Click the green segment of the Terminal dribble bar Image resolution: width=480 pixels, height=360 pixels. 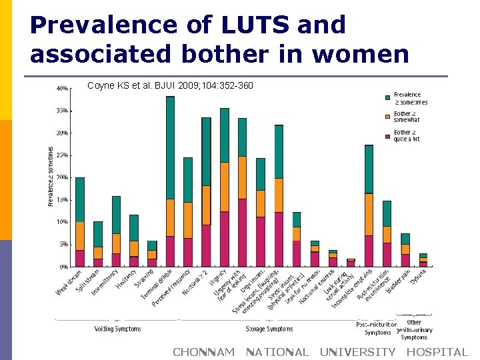(x=170, y=147)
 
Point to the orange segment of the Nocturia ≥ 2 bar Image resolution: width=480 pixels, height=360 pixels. (x=206, y=205)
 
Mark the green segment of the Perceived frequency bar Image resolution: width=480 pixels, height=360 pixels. (x=188, y=180)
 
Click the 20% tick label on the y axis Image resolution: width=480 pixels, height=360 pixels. (x=61, y=177)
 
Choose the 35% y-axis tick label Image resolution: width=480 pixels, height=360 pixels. (x=61, y=111)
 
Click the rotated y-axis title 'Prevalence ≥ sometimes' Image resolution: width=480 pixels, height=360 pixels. (x=51, y=176)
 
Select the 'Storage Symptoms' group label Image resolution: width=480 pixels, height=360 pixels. (x=269, y=329)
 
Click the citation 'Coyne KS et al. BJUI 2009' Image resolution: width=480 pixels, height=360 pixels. (x=170, y=85)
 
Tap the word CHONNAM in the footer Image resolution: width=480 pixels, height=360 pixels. (x=203, y=352)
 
